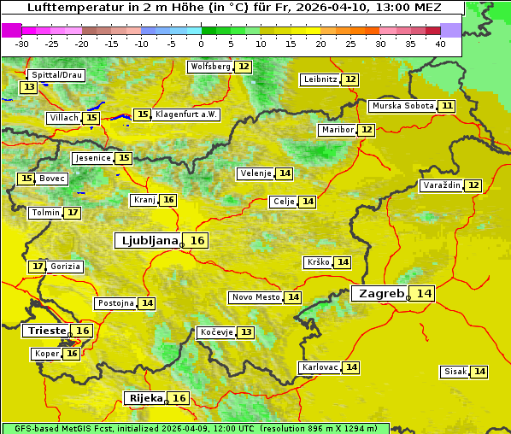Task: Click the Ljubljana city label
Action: (x=148, y=241)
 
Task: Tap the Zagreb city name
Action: (x=380, y=293)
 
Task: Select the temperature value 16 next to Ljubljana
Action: (x=197, y=241)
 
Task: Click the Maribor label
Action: (x=336, y=130)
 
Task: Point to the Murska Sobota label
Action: (x=402, y=106)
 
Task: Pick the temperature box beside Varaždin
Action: (x=473, y=185)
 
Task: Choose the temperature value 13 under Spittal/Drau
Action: (x=29, y=87)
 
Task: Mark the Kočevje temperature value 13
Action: (x=246, y=331)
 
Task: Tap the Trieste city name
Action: (x=46, y=331)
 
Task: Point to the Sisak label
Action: (x=455, y=372)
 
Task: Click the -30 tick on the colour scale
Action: (x=22, y=44)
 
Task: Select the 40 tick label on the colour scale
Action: (x=440, y=44)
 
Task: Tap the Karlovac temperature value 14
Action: (x=351, y=367)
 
